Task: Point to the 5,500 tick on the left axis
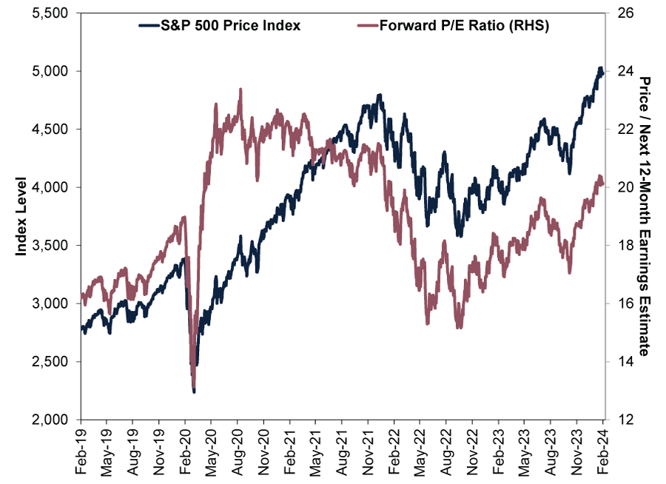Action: click(50, 13)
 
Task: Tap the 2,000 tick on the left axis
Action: click(50, 420)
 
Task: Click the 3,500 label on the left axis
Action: click(50, 246)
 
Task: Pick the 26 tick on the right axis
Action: click(622, 13)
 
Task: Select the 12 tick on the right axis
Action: click(622, 420)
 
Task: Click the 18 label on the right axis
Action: click(622, 246)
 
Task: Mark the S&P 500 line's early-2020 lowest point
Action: click(194, 391)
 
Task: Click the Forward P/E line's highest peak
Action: click(240, 89)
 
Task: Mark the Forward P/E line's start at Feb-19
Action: click(81, 295)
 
